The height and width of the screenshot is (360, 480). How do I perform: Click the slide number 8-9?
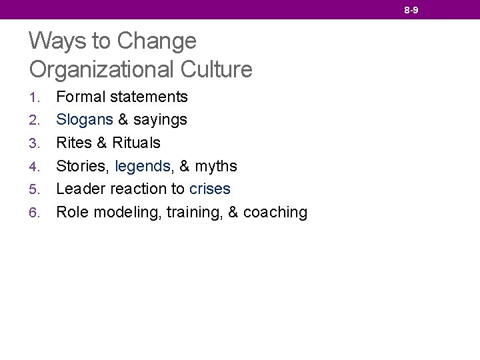pyautogui.click(x=411, y=10)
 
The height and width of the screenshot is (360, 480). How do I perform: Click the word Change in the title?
pyautogui.click(x=157, y=41)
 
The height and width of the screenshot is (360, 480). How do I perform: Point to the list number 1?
pyautogui.click(x=35, y=97)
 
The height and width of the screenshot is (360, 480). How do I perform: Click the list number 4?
pyautogui.click(x=35, y=166)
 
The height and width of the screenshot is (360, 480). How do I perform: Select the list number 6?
pyautogui.click(x=35, y=213)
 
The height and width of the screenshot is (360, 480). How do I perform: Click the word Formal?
pyautogui.click(x=81, y=97)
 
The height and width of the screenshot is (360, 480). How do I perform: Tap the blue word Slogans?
pyautogui.click(x=85, y=120)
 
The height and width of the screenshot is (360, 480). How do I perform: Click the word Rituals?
pyautogui.click(x=137, y=143)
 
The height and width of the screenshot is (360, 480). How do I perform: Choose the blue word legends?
pyautogui.click(x=143, y=166)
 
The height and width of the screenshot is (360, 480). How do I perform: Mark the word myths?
pyautogui.click(x=216, y=166)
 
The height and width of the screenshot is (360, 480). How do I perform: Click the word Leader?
pyautogui.click(x=81, y=189)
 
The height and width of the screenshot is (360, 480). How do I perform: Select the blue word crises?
pyautogui.click(x=210, y=189)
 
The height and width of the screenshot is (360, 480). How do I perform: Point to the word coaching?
pyautogui.click(x=275, y=213)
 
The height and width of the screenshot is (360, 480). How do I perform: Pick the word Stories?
pyautogui.click(x=83, y=166)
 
